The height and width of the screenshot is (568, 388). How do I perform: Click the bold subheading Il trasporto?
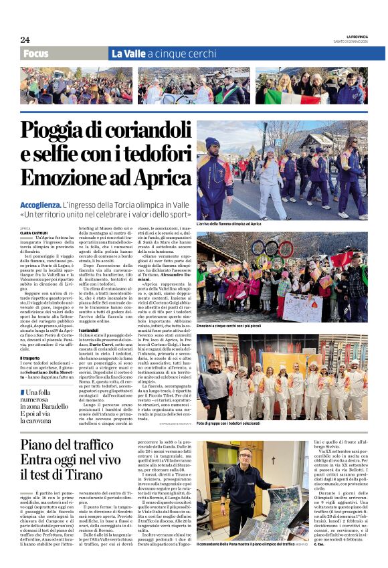coord(33,358)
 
